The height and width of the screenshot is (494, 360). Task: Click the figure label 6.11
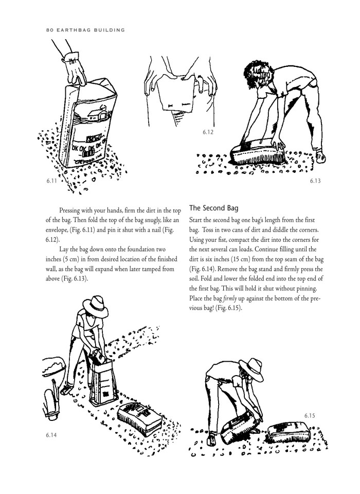coord(51,181)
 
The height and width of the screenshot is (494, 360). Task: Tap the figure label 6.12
coord(208,132)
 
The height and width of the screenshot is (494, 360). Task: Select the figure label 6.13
coord(316,181)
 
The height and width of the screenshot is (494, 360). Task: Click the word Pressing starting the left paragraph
coord(74,211)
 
